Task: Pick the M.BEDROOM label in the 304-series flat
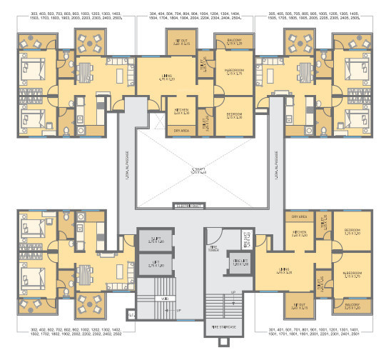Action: [234, 71]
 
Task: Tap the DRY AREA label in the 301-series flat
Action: [298, 215]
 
